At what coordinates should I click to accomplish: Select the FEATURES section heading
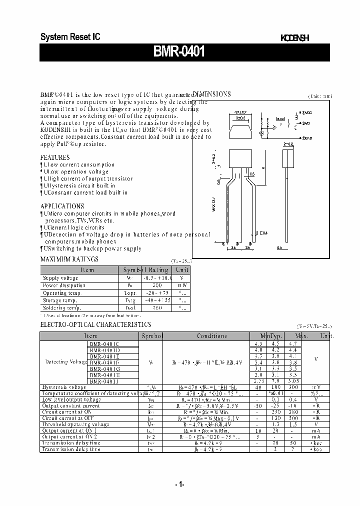pyautogui.click(x=55, y=157)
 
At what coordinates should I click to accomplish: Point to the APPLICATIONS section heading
pyautogui.click(x=62, y=206)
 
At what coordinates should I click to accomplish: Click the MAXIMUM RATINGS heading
pyautogui.click(x=69, y=259)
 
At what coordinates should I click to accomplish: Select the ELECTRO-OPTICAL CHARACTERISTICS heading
pyautogui.click(x=95, y=325)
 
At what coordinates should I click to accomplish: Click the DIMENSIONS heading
pyautogui.click(x=211, y=94)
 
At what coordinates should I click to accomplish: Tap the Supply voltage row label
pyautogui.click(x=60, y=277)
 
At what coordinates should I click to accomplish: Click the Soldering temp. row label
pyautogui.click(x=61, y=308)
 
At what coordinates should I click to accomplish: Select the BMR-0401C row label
pyautogui.click(x=104, y=343)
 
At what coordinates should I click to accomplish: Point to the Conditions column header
pyautogui.click(x=211, y=336)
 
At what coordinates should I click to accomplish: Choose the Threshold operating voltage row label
pyautogui.click(x=75, y=424)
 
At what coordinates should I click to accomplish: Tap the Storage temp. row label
pyautogui.click(x=59, y=300)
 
